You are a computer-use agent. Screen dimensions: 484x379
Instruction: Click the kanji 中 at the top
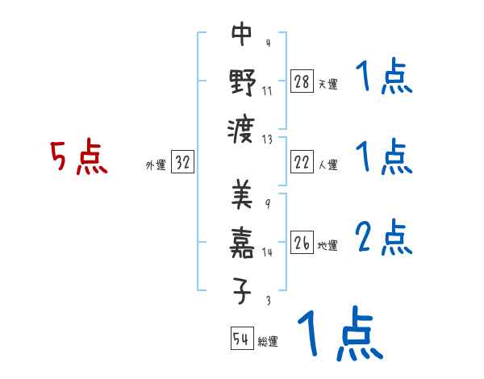(x=242, y=35)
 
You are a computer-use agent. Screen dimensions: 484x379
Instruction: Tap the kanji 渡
(x=242, y=127)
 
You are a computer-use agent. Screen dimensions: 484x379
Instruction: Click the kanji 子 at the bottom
(x=242, y=289)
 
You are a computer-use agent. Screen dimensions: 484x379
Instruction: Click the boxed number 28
(x=301, y=81)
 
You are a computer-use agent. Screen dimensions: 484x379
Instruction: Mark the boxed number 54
(x=241, y=339)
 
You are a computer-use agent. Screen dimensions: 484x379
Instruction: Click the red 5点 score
(x=79, y=158)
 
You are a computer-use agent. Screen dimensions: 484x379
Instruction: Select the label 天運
(x=328, y=84)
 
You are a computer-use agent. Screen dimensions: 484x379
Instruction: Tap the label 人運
(x=328, y=165)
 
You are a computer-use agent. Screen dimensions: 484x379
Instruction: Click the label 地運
(x=328, y=245)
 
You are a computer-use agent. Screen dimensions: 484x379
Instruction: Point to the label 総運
(x=268, y=341)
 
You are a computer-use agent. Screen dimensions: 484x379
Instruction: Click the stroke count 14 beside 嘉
(x=267, y=252)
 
